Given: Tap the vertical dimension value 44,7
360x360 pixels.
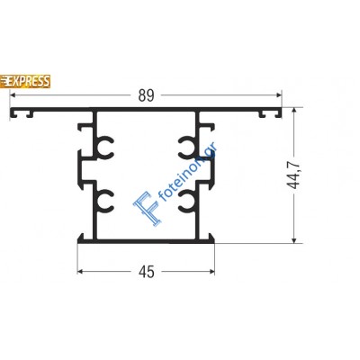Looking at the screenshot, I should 305,178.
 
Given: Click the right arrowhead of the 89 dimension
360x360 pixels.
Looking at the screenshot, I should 280,100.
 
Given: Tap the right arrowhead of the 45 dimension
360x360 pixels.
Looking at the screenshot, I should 212,269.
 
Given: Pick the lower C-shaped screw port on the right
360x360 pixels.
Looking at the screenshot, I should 187,200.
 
